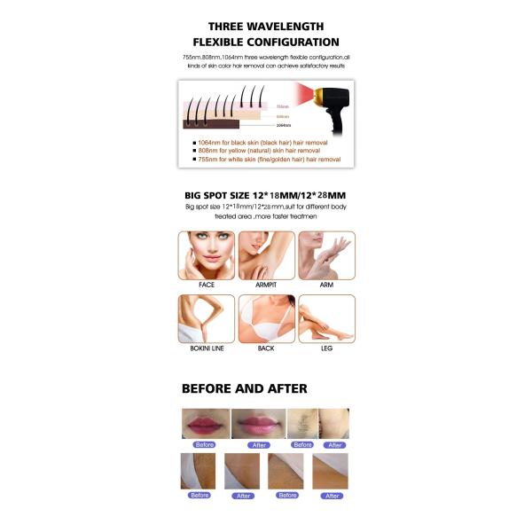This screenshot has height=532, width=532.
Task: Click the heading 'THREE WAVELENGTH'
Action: point(266,27)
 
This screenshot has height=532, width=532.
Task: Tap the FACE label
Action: point(207,285)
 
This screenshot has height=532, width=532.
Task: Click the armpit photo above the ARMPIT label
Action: point(266,254)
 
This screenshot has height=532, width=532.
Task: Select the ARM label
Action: point(326,285)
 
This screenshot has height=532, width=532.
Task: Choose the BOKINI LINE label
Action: point(207,348)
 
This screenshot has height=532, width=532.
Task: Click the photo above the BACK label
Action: point(266,318)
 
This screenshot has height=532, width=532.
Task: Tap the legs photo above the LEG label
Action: point(326,318)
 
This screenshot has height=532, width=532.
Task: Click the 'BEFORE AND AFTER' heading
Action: point(245,388)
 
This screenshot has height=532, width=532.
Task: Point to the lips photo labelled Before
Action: point(205,423)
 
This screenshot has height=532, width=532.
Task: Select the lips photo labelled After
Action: point(259,423)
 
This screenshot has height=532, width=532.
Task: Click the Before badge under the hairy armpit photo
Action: point(303,444)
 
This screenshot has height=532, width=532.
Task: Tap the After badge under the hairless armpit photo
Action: point(334,444)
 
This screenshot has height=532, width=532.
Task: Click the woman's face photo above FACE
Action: point(207,254)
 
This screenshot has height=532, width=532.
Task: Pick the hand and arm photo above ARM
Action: point(326,254)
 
